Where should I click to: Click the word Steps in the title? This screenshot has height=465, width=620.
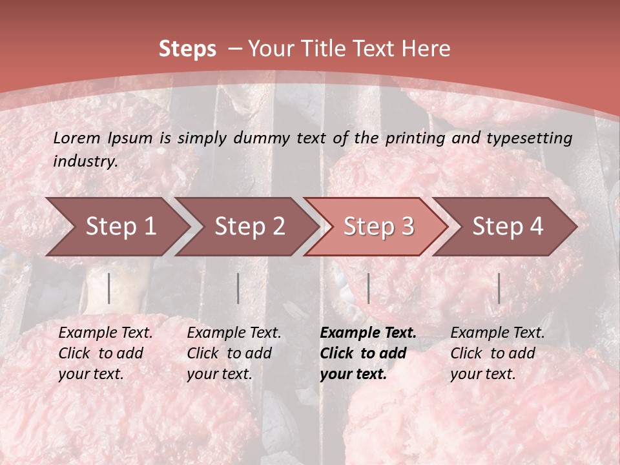[187, 49]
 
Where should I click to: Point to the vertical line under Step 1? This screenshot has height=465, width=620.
[109, 288]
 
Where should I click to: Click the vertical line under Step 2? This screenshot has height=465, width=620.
[238, 288]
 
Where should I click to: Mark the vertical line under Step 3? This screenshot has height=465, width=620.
[368, 288]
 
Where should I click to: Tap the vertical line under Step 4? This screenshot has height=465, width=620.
[499, 288]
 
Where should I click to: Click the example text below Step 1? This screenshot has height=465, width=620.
[105, 353]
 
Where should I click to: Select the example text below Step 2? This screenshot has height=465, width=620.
[234, 353]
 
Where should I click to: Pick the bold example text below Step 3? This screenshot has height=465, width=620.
[368, 353]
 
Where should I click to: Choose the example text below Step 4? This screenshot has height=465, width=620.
[497, 353]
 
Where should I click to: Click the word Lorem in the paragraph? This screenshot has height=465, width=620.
[77, 138]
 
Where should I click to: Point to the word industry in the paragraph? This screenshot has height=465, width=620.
[85, 161]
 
